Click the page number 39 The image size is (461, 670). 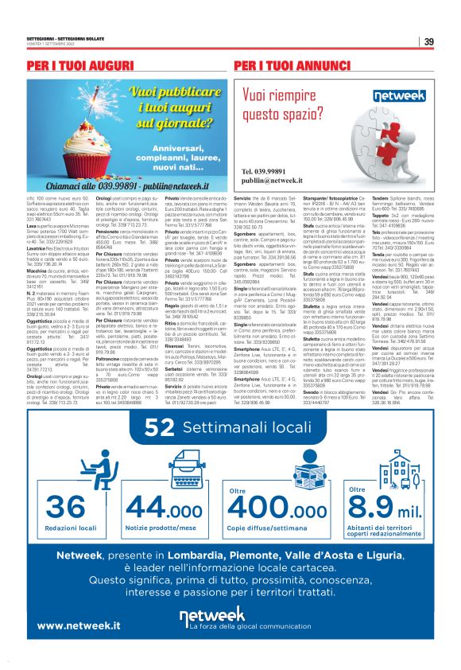point(428,42)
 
